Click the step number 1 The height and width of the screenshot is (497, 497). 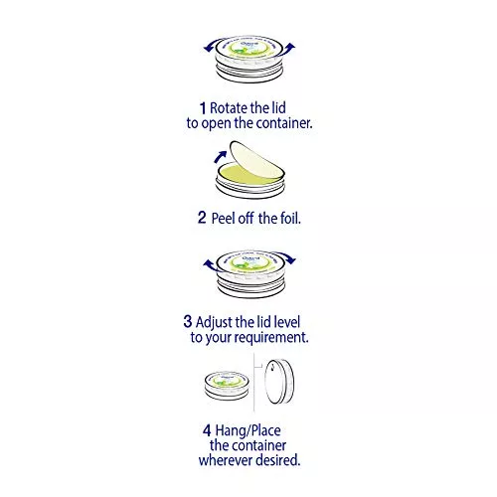(x=203, y=108)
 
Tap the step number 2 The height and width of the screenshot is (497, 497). (x=202, y=218)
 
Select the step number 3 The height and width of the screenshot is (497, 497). (x=188, y=321)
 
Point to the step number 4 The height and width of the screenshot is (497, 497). (x=207, y=430)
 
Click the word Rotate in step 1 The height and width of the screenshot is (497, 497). (x=229, y=108)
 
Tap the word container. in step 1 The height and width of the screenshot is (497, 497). (x=284, y=123)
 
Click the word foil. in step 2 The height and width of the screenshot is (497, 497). (x=290, y=219)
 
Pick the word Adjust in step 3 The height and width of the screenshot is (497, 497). (x=214, y=322)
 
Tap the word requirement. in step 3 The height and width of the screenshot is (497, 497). (x=273, y=338)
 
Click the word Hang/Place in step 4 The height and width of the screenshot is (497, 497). (x=248, y=431)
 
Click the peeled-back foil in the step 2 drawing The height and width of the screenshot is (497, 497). (x=255, y=161)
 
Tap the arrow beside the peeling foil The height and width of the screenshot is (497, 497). (x=220, y=157)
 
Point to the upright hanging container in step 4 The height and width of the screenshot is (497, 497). (x=279, y=381)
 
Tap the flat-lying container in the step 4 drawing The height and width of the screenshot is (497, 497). (x=227, y=386)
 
